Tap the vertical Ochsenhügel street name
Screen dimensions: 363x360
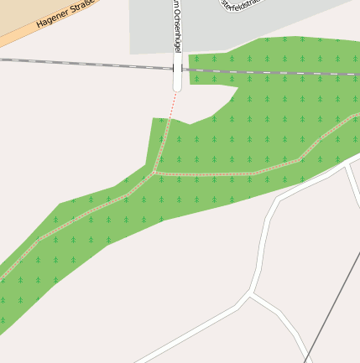(x=177, y=29)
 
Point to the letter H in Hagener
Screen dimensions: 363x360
(x=39, y=26)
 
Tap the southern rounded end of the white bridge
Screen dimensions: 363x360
(x=177, y=87)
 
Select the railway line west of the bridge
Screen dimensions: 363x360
(x=84, y=63)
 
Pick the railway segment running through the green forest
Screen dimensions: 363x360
(x=269, y=72)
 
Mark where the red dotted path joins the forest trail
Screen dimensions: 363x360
(x=154, y=173)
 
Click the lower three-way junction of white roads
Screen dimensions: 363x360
(x=251, y=295)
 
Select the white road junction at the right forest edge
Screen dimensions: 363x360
(x=347, y=166)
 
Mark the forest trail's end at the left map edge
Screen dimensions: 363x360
(x=3, y=277)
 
